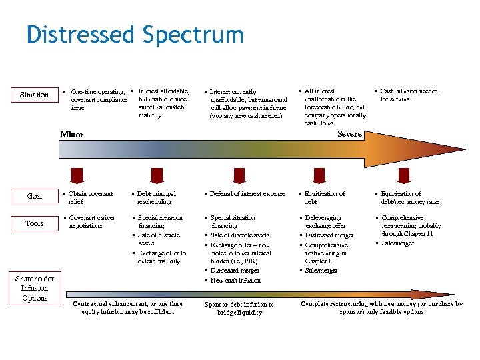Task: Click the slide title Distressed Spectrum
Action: (135, 34)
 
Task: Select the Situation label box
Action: (34, 95)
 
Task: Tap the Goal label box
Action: (34, 196)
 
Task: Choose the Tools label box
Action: (34, 223)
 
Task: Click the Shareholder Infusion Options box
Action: (34, 288)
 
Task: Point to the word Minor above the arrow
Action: (72, 134)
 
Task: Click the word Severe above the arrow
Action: (349, 133)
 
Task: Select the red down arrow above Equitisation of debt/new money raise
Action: (403, 175)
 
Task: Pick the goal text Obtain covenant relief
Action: (92, 197)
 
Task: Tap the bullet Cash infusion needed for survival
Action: (408, 95)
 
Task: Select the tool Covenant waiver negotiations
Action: (92, 221)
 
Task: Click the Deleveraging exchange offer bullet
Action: (325, 221)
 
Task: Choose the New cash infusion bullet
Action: (235, 280)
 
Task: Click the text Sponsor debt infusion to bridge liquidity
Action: (239, 308)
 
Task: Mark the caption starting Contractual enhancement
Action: (127, 307)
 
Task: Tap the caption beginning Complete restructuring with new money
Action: (381, 307)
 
